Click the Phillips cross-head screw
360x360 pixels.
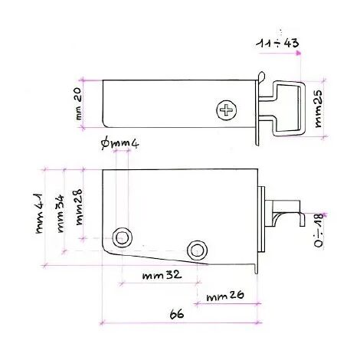pyautogui.click(x=226, y=110)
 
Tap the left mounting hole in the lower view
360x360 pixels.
pyautogui.click(x=122, y=237)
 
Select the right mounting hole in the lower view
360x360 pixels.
pyautogui.click(x=197, y=250)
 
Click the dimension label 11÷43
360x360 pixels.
pyautogui.click(x=277, y=43)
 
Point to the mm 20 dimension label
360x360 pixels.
pyautogui.click(x=79, y=104)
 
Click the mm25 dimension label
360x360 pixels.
pyautogui.click(x=318, y=109)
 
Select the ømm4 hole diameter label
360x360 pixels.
pyautogui.click(x=120, y=144)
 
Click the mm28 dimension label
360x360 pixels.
pyautogui.click(x=78, y=207)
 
